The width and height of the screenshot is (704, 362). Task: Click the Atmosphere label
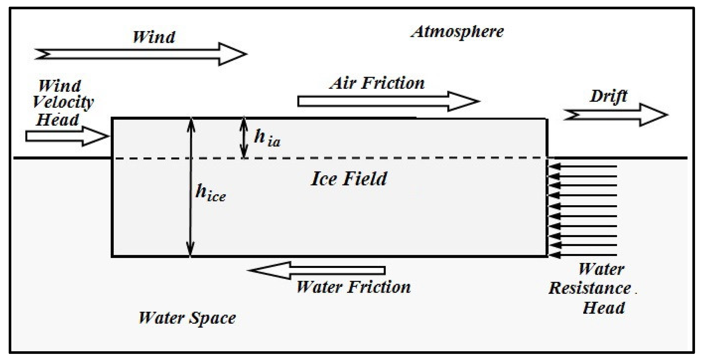click(x=458, y=32)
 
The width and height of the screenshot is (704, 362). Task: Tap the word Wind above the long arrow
click(x=154, y=37)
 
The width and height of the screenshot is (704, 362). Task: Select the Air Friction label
click(x=377, y=83)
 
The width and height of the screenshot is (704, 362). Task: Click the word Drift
click(x=609, y=96)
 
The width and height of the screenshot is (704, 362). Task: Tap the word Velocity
click(x=63, y=102)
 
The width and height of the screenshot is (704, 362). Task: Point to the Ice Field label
click(x=349, y=179)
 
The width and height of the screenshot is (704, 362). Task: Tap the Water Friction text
click(x=354, y=287)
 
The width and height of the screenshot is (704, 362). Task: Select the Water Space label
click(x=187, y=318)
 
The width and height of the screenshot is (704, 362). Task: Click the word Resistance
click(x=590, y=289)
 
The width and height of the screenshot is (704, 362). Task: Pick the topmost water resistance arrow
click(x=583, y=167)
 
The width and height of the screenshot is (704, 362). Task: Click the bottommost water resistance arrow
click(x=583, y=255)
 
